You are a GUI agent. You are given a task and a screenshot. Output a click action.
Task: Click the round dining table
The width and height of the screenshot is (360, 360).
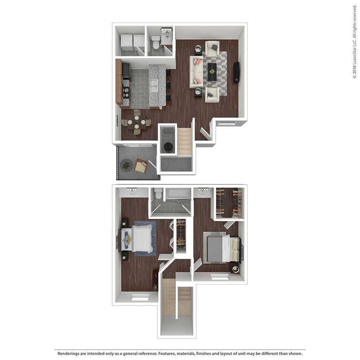point(136,123)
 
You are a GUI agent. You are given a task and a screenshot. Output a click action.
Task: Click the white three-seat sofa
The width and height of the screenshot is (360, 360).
point(196,71)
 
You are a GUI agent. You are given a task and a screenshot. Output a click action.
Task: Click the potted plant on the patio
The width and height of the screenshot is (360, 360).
point(126,165)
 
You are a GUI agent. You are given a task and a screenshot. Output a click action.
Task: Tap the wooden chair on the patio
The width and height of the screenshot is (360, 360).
point(141,165)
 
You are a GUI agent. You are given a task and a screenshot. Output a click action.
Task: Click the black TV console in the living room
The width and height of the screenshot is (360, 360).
point(236,73)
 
